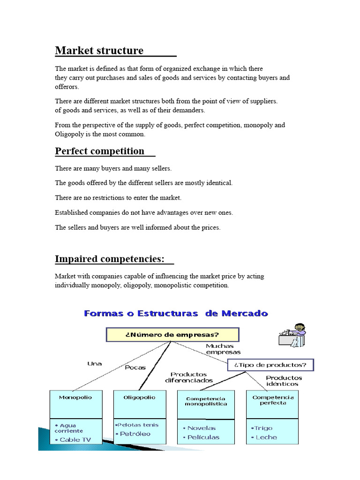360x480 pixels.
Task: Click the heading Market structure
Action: [x=99, y=50]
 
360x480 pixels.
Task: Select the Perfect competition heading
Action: [x=100, y=151]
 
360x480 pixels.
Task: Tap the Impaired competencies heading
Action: [x=110, y=259]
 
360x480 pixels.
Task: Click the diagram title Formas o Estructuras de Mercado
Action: [x=176, y=314]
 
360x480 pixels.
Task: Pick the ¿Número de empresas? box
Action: [x=172, y=335]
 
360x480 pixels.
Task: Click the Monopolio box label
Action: [x=75, y=397]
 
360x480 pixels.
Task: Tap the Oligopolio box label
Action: [x=139, y=397]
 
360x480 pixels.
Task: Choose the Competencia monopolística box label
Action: [x=206, y=401]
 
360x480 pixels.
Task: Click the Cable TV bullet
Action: [x=75, y=440]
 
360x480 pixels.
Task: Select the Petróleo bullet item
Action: [x=135, y=434]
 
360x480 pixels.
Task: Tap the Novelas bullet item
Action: [x=202, y=428]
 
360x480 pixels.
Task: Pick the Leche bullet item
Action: [x=266, y=437]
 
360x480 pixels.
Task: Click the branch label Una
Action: [x=94, y=363]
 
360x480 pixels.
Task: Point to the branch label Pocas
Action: [x=135, y=367]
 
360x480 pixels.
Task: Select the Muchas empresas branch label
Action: [x=223, y=349]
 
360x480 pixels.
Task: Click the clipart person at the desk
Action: [x=292, y=335]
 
